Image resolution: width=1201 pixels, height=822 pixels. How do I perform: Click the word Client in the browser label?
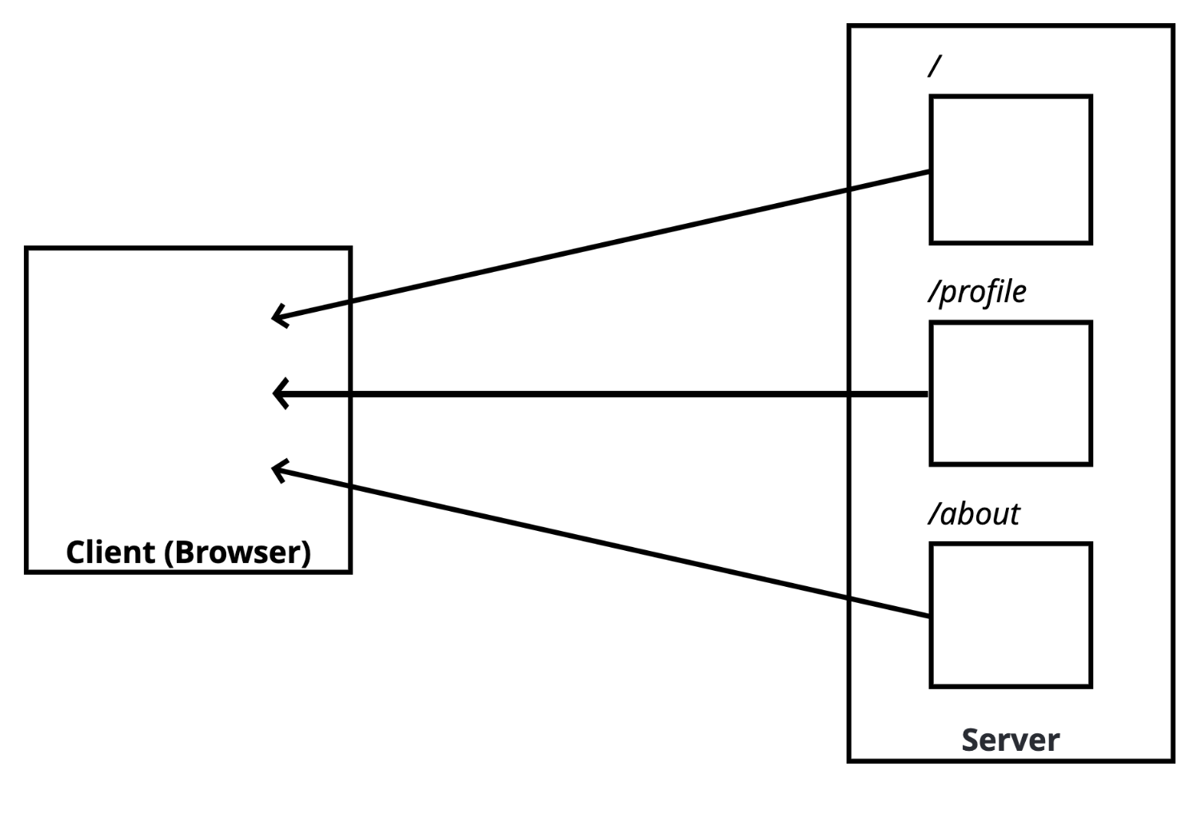coord(110,552)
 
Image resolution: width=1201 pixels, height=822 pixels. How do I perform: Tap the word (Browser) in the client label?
coord(237,553)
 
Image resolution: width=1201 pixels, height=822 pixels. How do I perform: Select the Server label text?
coord(1010,740)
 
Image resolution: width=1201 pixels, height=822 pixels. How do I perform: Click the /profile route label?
coord(977,292)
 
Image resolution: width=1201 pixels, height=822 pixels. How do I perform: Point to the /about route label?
coord(974,514)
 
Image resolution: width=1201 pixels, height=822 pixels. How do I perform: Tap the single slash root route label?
coord(934,66)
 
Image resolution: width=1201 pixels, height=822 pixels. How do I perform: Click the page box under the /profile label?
coord(1011,393)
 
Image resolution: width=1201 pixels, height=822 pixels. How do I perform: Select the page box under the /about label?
coord(1011,615)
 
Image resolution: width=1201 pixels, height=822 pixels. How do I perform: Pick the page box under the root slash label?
coord(1011,170)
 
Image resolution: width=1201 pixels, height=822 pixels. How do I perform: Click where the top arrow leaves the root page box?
coord(930,171)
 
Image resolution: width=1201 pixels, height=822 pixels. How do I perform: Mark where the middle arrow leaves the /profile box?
coord(930,393)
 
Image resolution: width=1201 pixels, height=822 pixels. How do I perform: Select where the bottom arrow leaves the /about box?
coord(930,616)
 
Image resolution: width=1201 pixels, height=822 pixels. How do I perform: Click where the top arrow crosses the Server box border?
coord(848,190)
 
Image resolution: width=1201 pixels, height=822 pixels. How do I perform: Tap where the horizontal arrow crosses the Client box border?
coord(350,393)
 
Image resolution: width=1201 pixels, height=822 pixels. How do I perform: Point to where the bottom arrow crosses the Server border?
coord(848,597)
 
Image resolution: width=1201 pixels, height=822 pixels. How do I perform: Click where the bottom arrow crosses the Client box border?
coord(350,486)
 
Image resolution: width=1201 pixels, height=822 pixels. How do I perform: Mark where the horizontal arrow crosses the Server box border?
coord(848,393)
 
